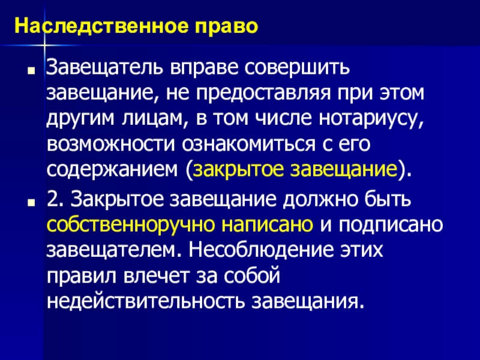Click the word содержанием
[x=112, y=172]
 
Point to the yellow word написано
[x=266, y=225]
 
